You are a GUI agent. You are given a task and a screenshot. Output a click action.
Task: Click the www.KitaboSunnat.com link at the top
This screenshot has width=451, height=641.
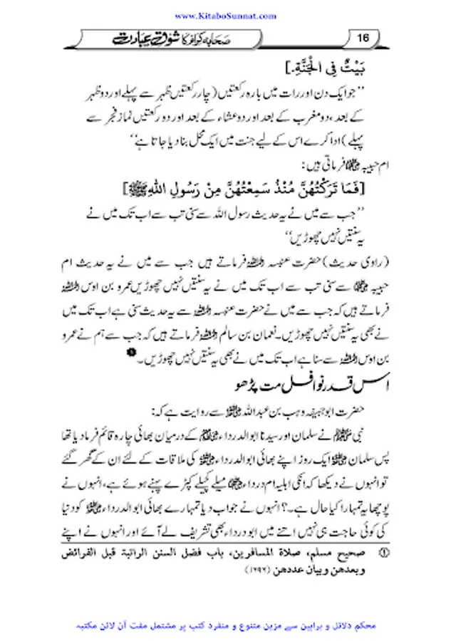coord(225,15)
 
